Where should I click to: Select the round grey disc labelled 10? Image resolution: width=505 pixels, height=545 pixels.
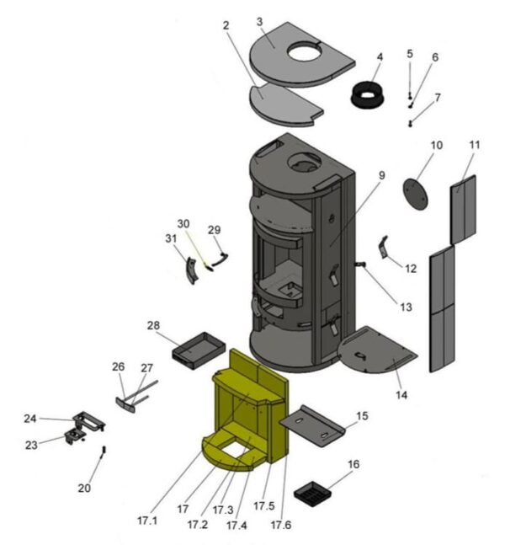[415, 192]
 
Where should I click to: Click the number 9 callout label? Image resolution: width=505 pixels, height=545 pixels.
[381, 175]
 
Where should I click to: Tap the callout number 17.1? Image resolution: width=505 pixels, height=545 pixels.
[148, 520]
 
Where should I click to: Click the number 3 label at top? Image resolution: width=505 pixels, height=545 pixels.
[259, 21]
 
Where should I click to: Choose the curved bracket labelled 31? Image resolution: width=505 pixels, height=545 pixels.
[192, 270]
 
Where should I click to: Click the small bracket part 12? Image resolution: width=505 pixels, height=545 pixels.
[385, 248]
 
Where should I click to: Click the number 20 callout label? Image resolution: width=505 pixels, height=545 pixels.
[84, 488]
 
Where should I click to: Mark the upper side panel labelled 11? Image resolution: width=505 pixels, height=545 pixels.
[464, 207]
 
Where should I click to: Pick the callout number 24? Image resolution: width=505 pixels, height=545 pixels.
[30, 419]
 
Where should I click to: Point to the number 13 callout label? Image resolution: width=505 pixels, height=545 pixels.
[406, 307]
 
